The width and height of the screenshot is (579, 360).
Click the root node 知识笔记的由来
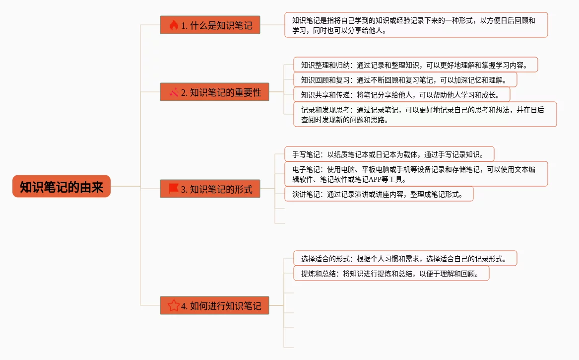[x=61, y=187]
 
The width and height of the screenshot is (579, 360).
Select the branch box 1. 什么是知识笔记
[x=210, y=25]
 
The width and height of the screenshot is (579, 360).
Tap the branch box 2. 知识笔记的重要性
[x=214, y=92]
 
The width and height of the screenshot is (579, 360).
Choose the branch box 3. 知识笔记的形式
[x=210, y=189]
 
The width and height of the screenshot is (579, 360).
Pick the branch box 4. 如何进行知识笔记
[x=214, y=305]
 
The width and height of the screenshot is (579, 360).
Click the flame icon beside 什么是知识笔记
[x=173, y=25]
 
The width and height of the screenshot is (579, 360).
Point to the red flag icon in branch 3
[x=173, y=189]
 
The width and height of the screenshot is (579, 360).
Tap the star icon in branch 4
[x=173, y=305]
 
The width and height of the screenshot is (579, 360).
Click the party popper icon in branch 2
[x=173, y=92]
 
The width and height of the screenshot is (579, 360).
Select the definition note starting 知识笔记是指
[x=416, y=25]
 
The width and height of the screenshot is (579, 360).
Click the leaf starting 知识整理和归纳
[x=416, y=65]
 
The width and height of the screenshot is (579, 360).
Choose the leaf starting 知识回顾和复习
[x=405, y=79]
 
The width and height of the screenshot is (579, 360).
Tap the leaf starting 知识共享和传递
[x=401, y=94]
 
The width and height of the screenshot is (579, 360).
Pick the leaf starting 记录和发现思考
[x=425, y=114]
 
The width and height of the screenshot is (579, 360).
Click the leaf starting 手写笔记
[x=389, y=154]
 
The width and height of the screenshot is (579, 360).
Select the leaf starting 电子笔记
[x=416, y=174]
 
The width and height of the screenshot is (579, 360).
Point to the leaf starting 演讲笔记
[x=379, y=194]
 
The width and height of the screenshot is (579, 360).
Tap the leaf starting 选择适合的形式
[x=405, y=258]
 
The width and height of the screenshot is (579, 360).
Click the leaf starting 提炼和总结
[x=391, y=273]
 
